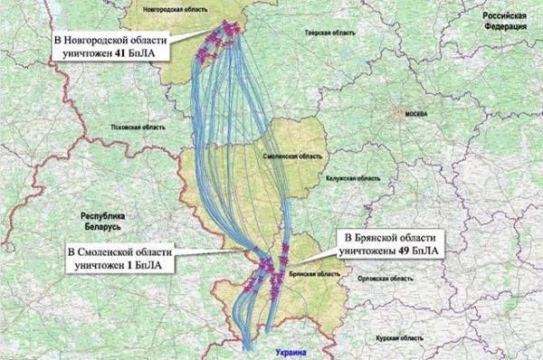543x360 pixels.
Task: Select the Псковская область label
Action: pyautogui.click(x=120, y=128)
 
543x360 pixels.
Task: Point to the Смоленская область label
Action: pyautogui.click(x=291, y=156)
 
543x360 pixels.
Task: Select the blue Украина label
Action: pyautogui.click(x=282, y=352)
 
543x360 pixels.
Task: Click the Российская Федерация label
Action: pyautogui.click(x=505, y=21)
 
